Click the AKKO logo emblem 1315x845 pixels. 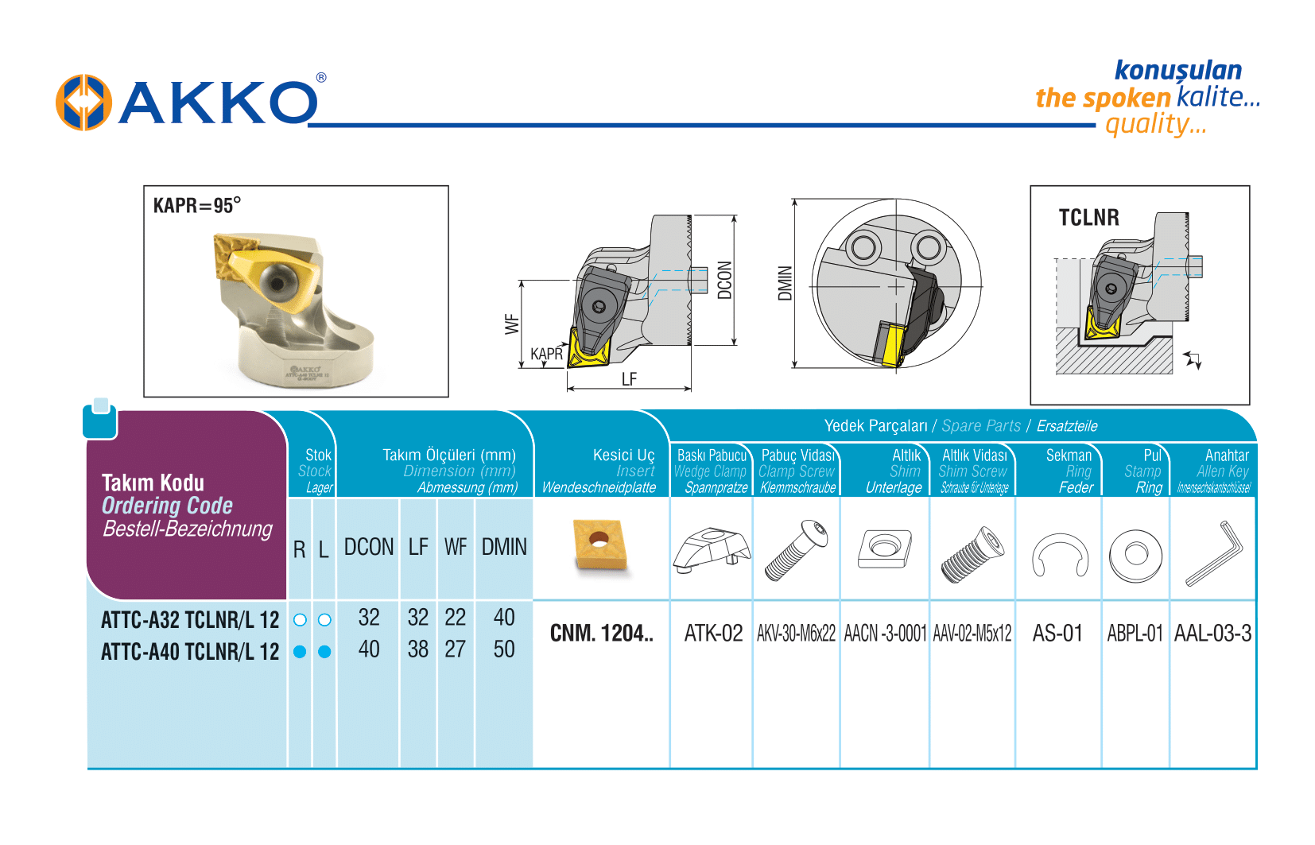pyautogui.click(x=83, y=103)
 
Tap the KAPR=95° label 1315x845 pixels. pyautogui.click(x=196, y=206)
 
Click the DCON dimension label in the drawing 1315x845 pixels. pyautogui.click(x=724, y=280)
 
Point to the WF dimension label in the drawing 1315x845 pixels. pyautogui.click(x=512, y=324)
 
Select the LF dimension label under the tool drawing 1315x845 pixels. pyautogui.click(x=629, y=379)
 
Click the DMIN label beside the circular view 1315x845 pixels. pyautogui.click(x=785, y=283)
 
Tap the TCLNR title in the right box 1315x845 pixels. pyautogui.click(x=1088, y=218)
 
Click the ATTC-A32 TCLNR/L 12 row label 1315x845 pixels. pyautogui.click(x=190, y=620)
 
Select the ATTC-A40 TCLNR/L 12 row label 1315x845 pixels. pyautogui.click(x=190, y=652)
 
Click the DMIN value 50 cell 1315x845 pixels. pyautogui.click(x=504, y=649)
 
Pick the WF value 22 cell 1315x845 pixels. pyautogui.click(x=455, y=618)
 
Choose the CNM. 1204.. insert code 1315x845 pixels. pyautogui.click(x=601, y=634)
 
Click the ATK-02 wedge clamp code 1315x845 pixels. pyautogui.click(x=713, y=634)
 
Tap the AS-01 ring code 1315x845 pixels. pyautogui.click(x=1057, y=634)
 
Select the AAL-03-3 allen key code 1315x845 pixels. pyautogui.click(x=1212, y=634)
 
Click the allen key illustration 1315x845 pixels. pyautogui.click(x=1214, y=553)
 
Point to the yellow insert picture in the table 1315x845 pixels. pyautogui.click(x=599, y=545)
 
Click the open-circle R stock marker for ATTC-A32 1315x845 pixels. pyautogui.click(x=300, y=620)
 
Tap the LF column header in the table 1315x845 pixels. pyautogui.click(x=418, y=547)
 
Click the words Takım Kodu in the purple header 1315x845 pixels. pyautogui.click(x=153, y=483)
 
